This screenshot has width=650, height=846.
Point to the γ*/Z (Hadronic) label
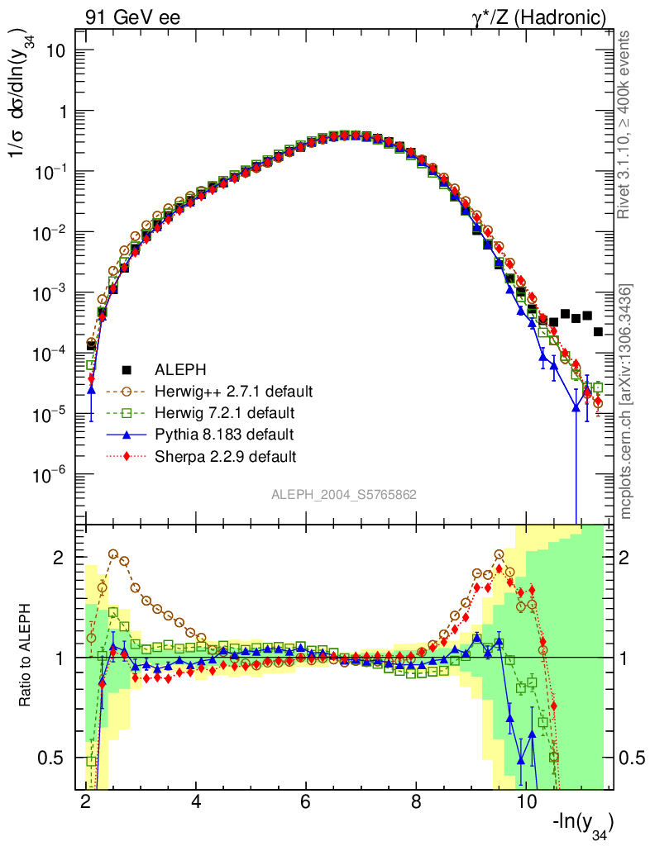547,17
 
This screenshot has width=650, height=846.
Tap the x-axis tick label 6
306,801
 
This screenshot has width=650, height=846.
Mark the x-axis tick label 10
525,801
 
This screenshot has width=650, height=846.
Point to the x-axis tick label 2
87,801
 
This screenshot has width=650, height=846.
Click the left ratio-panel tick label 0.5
53,758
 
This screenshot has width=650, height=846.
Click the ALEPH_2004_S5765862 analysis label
344,495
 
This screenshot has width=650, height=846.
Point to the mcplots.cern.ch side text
627,401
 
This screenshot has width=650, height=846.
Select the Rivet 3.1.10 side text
627,124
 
